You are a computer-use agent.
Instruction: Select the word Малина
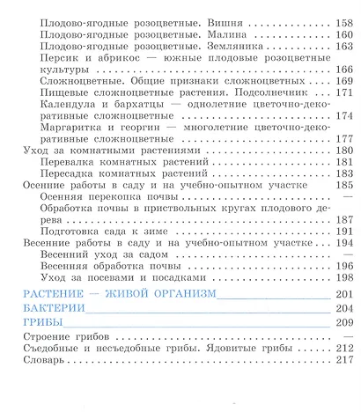pos(189,34)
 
